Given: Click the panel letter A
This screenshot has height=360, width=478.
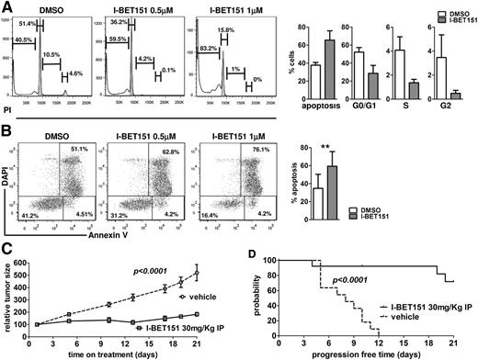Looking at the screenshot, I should pyautogui.click(x=7, y=7).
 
